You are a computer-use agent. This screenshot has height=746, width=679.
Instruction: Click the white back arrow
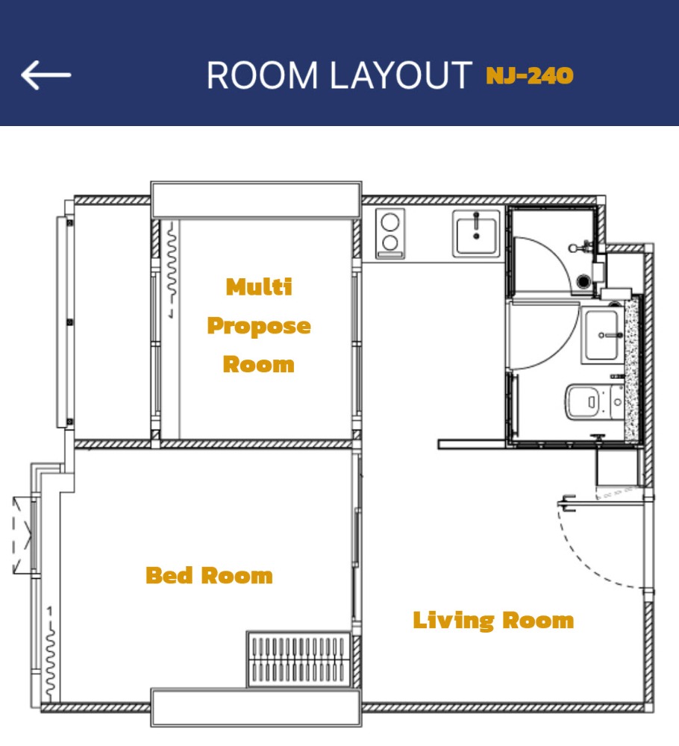46,75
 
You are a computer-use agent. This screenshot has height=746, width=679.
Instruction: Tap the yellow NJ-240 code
530,76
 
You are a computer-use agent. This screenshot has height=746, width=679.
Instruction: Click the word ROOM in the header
262,75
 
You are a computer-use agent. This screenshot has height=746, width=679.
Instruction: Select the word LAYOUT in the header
401,75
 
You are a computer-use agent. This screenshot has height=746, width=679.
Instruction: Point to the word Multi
259,287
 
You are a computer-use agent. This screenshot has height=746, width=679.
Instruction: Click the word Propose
259,327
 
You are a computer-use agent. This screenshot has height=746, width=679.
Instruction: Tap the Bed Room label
210,575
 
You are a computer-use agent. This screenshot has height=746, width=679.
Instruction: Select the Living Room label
493,621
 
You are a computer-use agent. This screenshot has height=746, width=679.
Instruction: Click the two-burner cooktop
390,233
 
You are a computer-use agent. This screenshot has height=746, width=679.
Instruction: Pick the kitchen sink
476,233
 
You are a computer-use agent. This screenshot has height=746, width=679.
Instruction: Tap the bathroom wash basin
602,335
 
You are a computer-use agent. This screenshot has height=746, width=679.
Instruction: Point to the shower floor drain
583,281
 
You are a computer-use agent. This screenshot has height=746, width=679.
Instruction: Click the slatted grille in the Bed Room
298,659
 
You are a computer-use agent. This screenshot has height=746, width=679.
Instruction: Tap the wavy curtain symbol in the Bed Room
50,656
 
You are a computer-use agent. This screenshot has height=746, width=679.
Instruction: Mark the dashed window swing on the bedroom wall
22,536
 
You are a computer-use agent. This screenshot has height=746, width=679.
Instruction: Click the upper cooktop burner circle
390,222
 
